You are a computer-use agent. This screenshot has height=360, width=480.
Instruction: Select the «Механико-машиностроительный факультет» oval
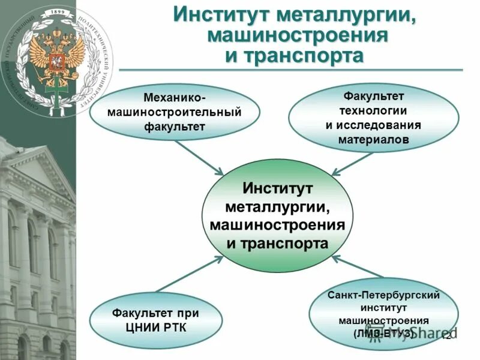(x=175, y=112)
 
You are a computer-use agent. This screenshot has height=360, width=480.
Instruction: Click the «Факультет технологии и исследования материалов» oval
(x=373, y=118)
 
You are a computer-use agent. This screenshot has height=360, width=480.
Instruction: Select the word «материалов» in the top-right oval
(x=373, y=139)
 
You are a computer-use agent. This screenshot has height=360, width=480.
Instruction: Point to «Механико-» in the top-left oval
(x=175, y=97)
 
